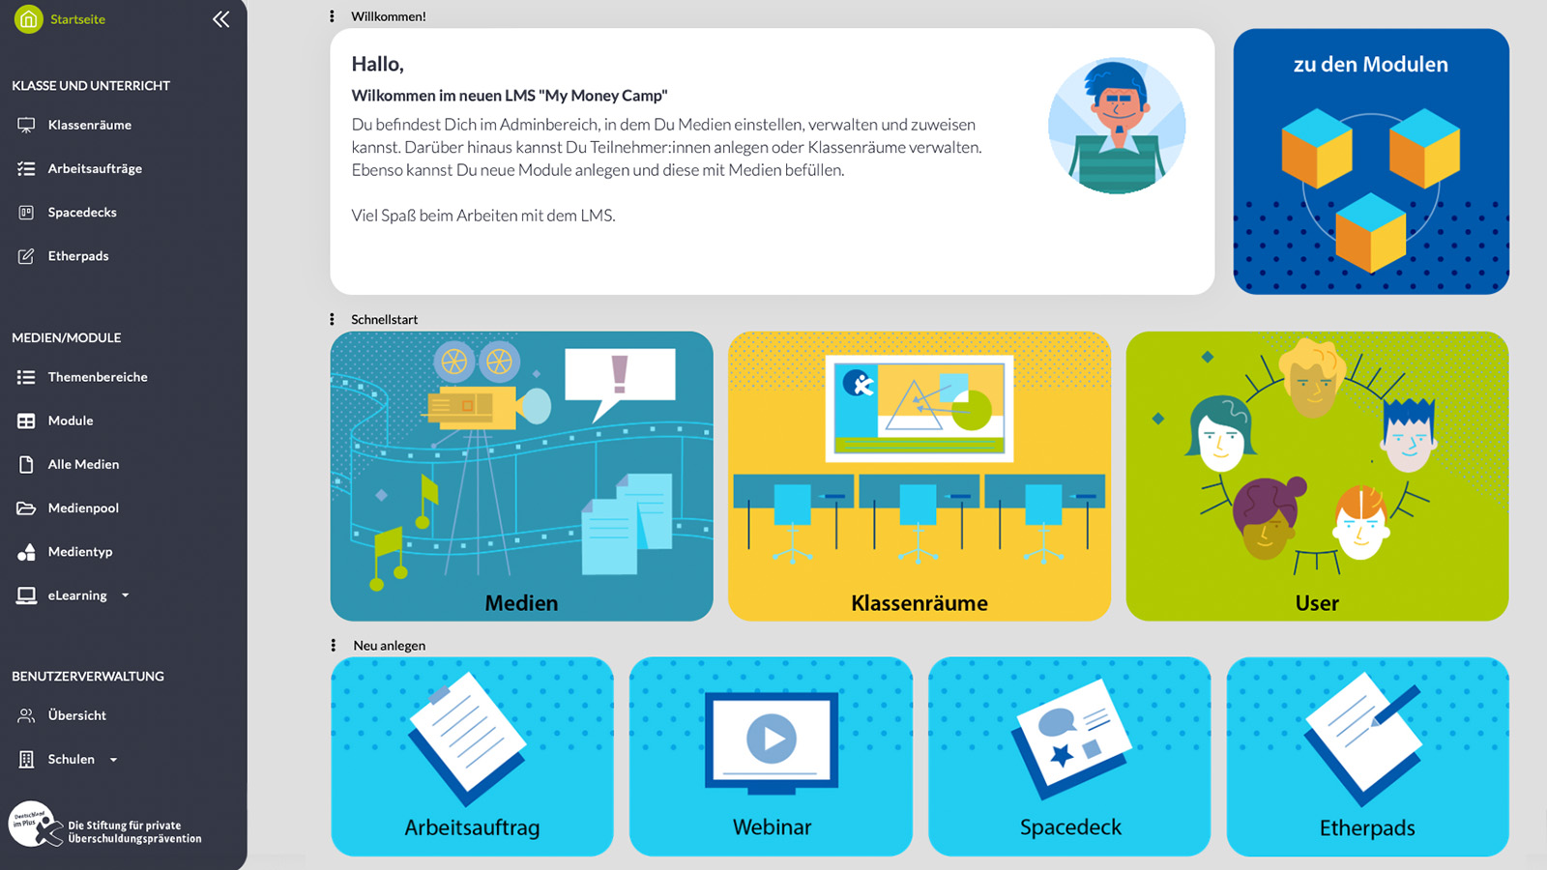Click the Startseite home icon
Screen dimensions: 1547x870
click(28, 19)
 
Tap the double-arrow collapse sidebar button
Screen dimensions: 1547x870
click(221, 19)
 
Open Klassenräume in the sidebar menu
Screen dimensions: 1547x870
click(90, 125)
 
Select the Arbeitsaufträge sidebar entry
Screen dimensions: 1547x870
click(95, 168)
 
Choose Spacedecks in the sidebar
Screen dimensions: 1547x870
click(82, 212)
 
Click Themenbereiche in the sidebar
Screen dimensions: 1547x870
click(98, 377)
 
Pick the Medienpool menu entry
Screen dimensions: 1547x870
click(83, 508)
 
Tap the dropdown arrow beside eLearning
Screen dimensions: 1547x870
click(125, 595)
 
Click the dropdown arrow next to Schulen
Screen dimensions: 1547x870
click(113, 760)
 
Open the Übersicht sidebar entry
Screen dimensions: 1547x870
click(76, 715)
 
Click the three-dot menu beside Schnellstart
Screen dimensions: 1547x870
click(333, 319)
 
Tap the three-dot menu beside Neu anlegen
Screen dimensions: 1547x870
click(334, 645)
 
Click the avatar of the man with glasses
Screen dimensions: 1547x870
click(1117, 126)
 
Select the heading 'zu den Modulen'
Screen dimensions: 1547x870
click(1371, 64)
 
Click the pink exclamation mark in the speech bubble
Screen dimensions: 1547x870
click(620, 374)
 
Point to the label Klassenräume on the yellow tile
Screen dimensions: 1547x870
click(919, 603)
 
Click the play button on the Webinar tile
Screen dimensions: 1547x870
click(772, 739)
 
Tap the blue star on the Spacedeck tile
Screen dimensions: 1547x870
click(1063, 755)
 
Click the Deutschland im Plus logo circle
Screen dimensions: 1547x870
click(32, 823)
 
